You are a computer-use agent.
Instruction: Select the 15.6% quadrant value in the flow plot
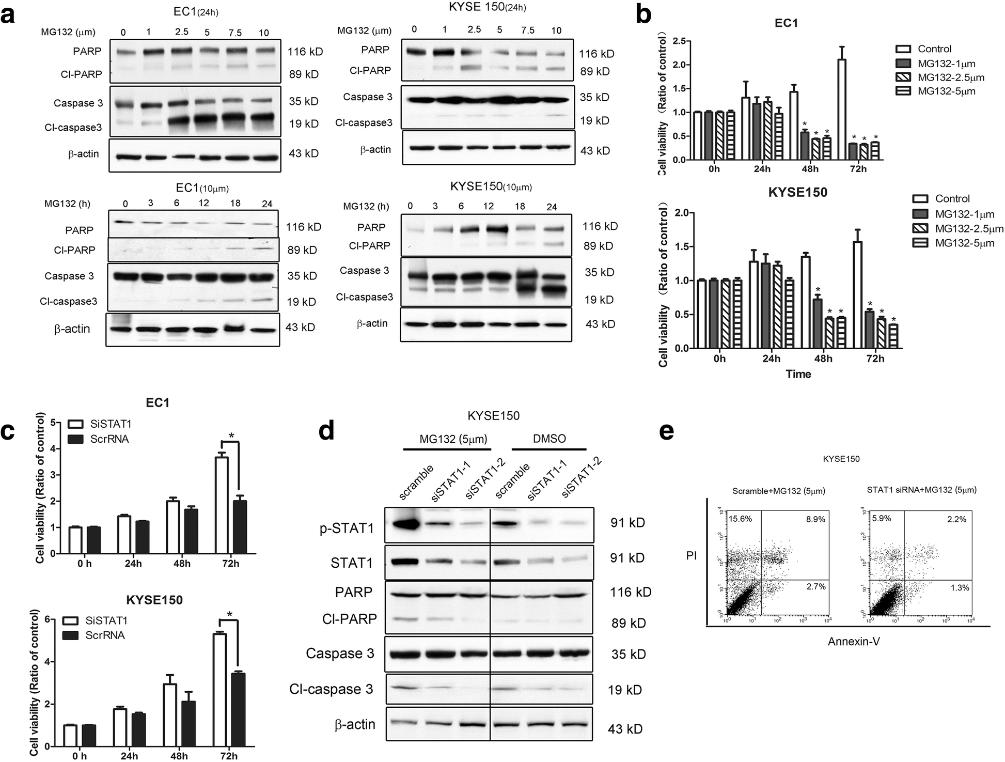tap(740, 519)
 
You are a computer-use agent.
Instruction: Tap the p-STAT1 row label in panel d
tap(347, 528)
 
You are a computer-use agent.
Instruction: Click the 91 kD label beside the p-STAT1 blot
tap(627, 523)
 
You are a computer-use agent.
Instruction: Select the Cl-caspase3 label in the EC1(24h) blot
tap(72, 127)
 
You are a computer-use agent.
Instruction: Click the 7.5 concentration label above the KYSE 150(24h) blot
tap(527, 30)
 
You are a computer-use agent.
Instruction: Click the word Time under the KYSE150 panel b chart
tap(798, 374)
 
